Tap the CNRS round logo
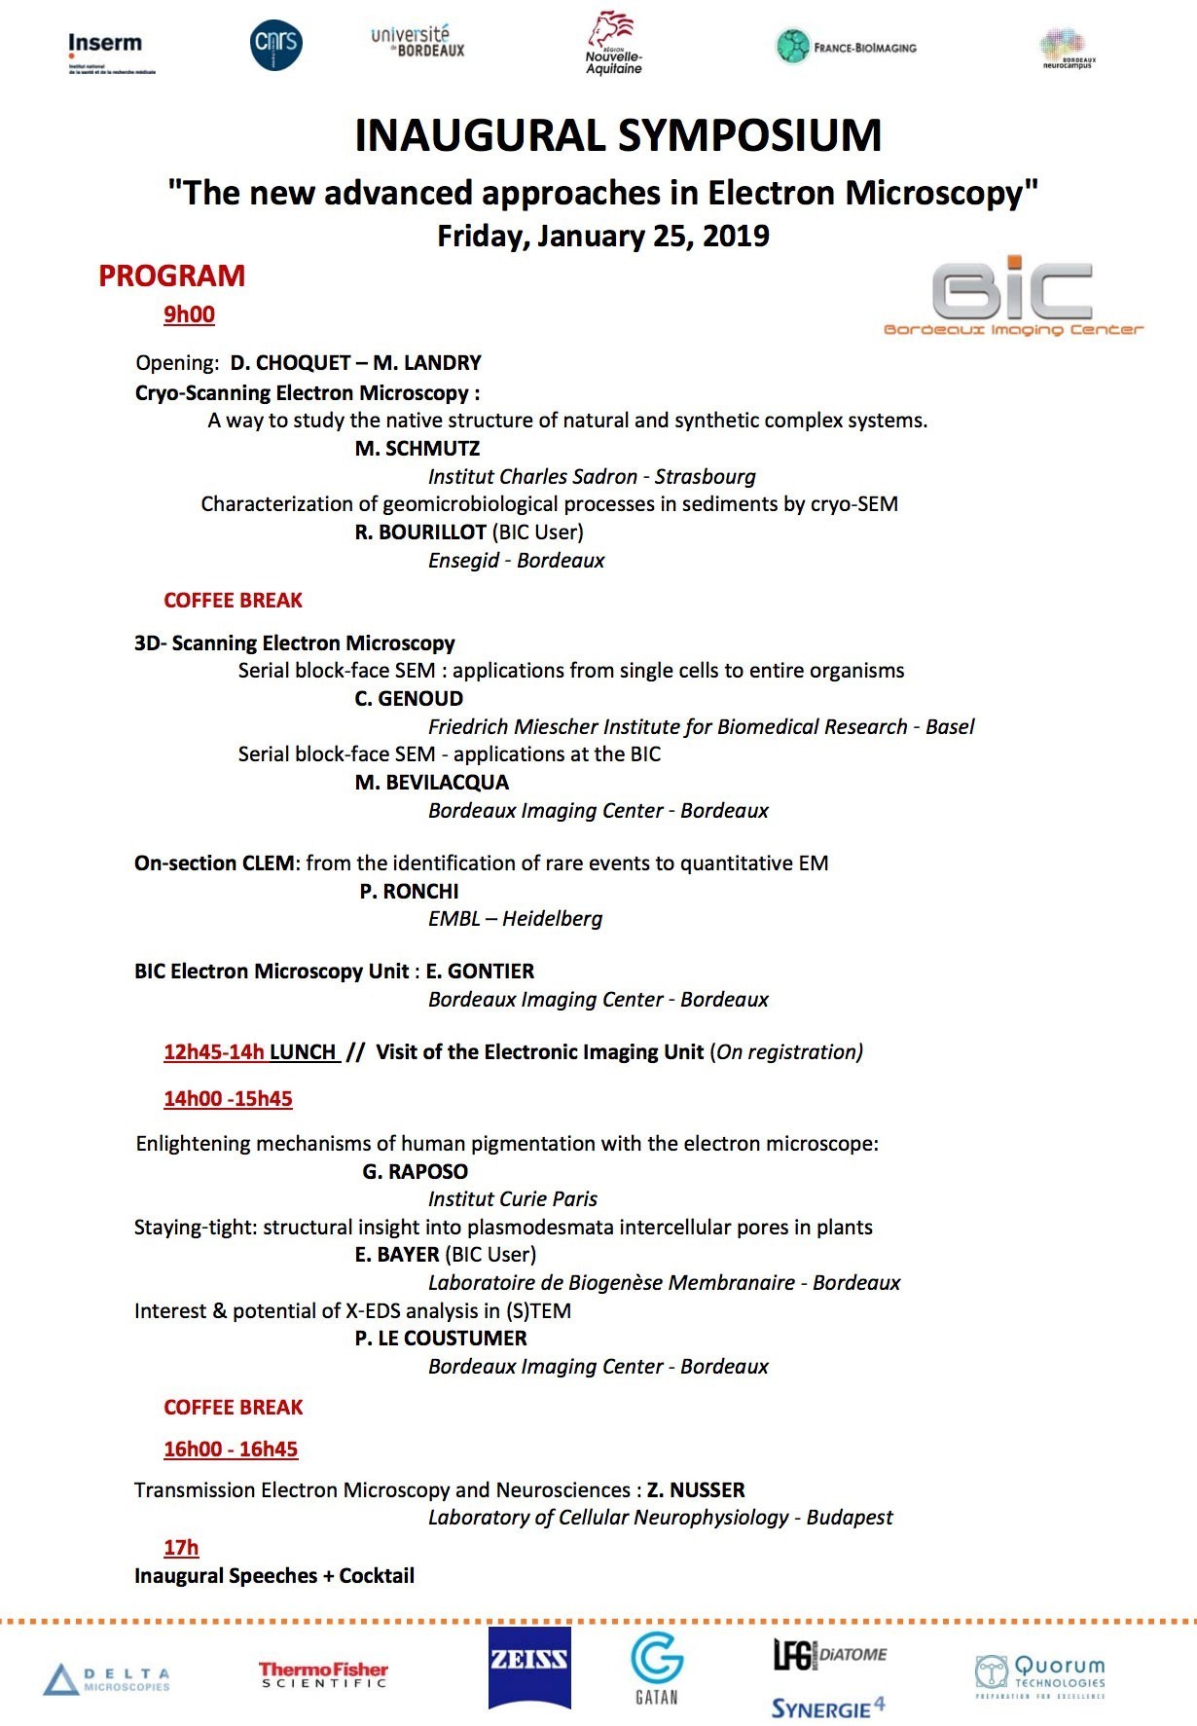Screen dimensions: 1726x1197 click(x=275, y=45)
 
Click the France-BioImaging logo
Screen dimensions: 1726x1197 click(x=846, y=47)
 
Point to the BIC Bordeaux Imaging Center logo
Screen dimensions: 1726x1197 click(x=1012, y=296)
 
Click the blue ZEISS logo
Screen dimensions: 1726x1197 click(x=529, y=1668)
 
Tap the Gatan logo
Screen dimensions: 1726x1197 click(x=657, y=1668)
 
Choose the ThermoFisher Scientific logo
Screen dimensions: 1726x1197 click(x=323, y=1674)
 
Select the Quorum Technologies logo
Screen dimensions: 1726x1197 click(x=1040, y=1675)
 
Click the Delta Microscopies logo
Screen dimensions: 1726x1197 click(x=107, y=1679)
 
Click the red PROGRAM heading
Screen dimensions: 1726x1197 click(x=171, y=276)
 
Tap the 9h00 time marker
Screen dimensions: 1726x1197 click(x=189, y=314)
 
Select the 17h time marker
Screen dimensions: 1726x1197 click(x=181, y=1547)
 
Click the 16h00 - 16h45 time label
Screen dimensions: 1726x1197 click(x=231, y=1449)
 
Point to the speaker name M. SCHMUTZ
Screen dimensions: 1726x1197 click(x=417, y=449)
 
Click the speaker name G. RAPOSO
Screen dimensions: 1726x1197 click(x=416, y=1171)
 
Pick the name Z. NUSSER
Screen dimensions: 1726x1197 click(x=696, y=1489)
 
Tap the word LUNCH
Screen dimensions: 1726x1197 click(x=303, y=1051)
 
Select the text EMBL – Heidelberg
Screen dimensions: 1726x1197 click(x=515, y=918)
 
